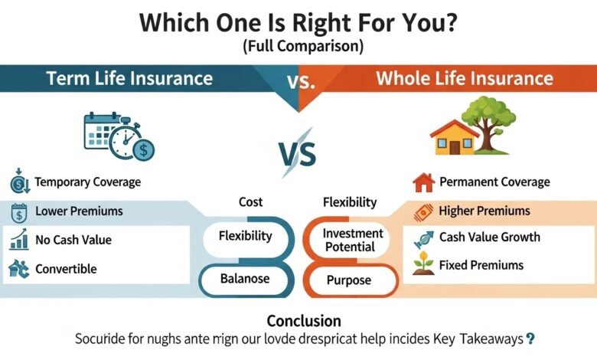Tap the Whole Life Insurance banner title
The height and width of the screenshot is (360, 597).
click(464, 78)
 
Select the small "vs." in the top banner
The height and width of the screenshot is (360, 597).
click(304, 81)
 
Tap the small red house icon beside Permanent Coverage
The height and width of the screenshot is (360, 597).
click(422, 182)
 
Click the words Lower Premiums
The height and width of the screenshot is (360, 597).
click(79, 211)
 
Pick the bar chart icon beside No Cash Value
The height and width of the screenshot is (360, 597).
click(18, 241)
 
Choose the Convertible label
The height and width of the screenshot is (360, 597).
click(66, 269)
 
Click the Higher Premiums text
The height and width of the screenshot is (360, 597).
click(484, 211)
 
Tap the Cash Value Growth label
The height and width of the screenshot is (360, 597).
click(489, 237)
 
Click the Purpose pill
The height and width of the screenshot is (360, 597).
click(349, 280)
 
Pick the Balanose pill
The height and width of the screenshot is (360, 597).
click(245, 280)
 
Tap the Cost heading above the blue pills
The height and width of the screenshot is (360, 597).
click(250, 202)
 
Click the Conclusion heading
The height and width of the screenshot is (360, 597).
click(303, 320)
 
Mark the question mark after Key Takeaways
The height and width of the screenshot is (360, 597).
click(530, 338)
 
